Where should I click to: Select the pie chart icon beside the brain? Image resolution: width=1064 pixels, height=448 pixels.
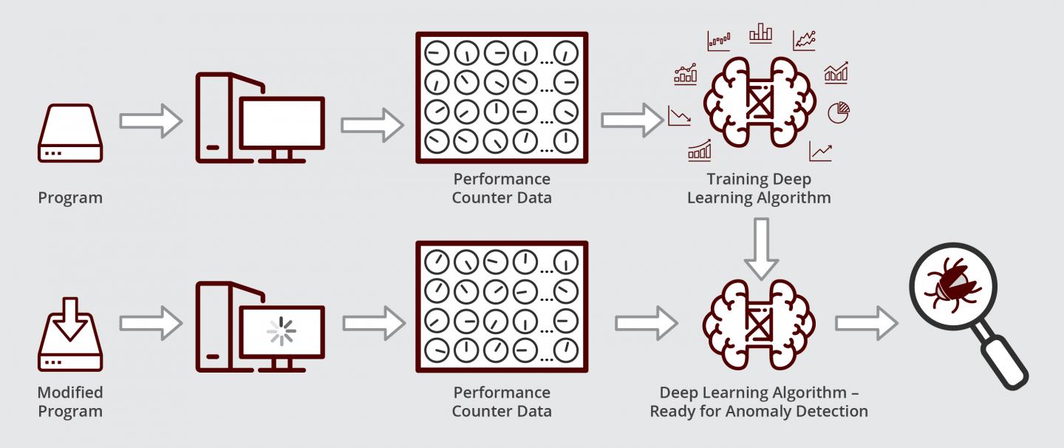(838, 112)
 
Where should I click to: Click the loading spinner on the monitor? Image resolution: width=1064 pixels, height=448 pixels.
(281, 331)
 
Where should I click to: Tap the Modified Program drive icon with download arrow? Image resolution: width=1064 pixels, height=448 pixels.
(70, 340)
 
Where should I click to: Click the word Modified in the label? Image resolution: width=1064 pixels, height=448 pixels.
(70, 393)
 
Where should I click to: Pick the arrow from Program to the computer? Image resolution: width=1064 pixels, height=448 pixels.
(150, 121)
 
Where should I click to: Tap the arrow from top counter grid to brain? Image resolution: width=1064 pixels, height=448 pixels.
(632, 121)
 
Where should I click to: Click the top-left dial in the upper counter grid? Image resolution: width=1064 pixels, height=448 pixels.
(438, 52)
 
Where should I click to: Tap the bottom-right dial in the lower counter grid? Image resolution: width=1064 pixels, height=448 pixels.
(565, 347)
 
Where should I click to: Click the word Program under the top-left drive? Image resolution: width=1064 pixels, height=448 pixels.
(70, 197)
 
